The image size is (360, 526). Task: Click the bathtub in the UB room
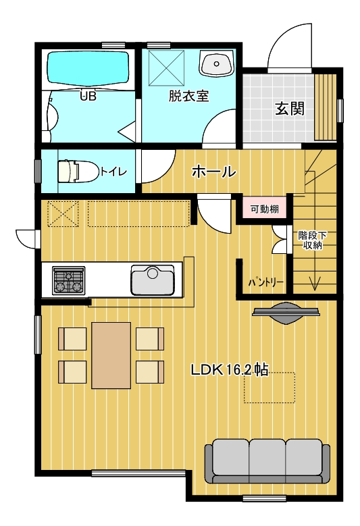[x=88, y=67]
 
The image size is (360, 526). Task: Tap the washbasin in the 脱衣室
[x=216, y=63]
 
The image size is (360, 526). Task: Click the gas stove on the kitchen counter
[x=68, y=280]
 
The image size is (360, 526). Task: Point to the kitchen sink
[x=153, y=280]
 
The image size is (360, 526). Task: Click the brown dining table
[x=111, y=355]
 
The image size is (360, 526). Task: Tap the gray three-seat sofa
[x=267, y=461]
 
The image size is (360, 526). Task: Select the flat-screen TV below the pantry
[x=286, y=313]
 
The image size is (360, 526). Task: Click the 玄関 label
[x=290, y=108]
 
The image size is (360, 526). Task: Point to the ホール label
[x=213, y=172]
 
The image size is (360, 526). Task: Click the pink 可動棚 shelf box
[x=264, y=210]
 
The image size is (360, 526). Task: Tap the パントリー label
[x=265, y=282]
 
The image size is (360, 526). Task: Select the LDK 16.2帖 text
[x=229, y=369]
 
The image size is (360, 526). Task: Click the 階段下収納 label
[x=312, y=240]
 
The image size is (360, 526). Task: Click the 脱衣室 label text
[x=188, y=97]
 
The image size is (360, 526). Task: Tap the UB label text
[x=88, y=97]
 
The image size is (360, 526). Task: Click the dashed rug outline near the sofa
[x=269, y=387]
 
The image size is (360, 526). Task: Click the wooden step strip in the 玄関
[x=325, y=107]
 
